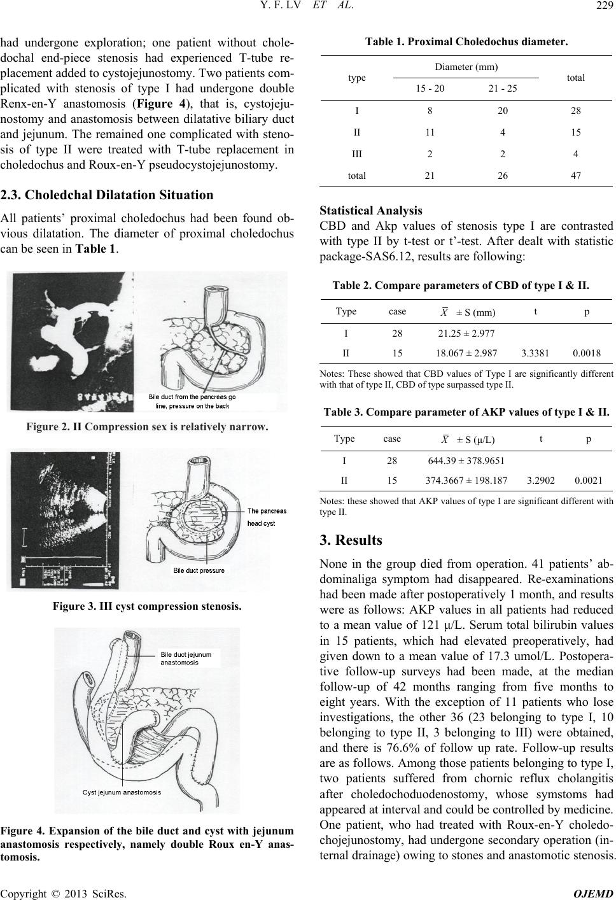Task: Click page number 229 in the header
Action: click(x=601, y=8)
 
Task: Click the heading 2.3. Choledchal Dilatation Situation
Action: click(x=107, y=195)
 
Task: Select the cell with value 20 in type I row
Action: click(x=503, y=110)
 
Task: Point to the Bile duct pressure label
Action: click(x=199, y=570)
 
